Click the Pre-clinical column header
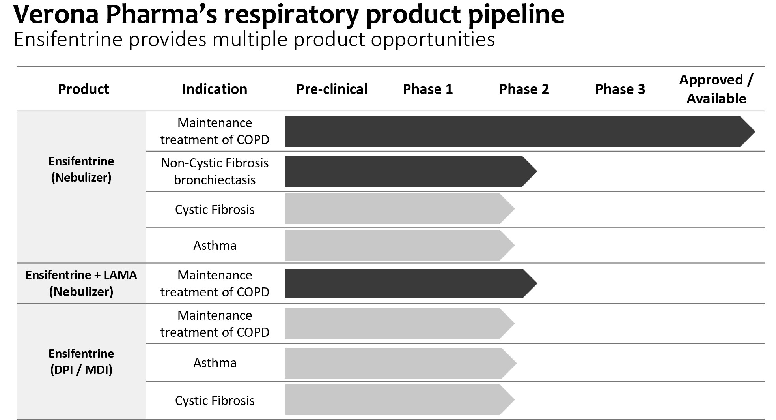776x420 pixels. pyautogui.click(x=332, y=89)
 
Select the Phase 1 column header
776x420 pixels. pyautogui.click(x=427, y=89)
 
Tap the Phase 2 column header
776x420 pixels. pyautogui.click(x=524, y=89)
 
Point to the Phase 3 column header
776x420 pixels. pyautogui.click(x=620, y=89)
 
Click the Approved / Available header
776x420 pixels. pyautogui.click(x=716, y=89)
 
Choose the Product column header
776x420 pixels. pyautogui.click(x=83, y=89)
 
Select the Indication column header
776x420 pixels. pyautogui.click(x=215, y=89)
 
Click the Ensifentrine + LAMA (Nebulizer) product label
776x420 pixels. pyautogui.click(x=81, y=283)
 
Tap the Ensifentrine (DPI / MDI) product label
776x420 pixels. pyautogui.click(x=81, y=362)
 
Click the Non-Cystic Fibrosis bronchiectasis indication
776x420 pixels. pyautogui.click(x=215, y=171)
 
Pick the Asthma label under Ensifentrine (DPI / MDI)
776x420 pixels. pyautogui.click(x=215, y=363)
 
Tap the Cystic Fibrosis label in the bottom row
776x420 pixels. pyautogui.click(x=215, y=401)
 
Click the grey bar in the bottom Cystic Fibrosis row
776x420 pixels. pyautogui.click(x=394, y=400)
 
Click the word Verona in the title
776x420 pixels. pyautogui.click(x=56, y=15)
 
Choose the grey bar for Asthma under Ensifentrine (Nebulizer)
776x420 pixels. pyautogui.click(x=394, y=245)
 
